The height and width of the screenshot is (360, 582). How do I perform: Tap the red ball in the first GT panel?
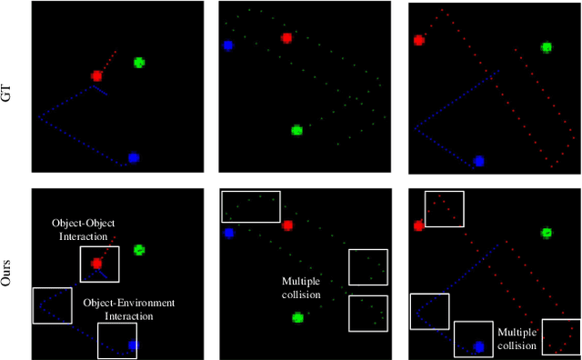click(x=96, y=76)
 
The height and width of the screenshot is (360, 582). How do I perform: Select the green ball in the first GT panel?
click(x=139, y=63)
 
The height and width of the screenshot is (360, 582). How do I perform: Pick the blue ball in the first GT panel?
click(x=133, y=157)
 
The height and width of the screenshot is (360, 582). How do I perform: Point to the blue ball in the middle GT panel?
click(x=227, y=45)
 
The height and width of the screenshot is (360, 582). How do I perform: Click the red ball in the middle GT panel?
click(x=286, y=38)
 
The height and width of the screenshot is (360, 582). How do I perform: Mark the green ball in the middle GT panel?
click(x=296, y=130)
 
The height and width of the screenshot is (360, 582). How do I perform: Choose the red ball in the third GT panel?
click(x=419, y=40)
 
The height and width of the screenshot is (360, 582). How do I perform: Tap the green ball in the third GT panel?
click(x=547, y=47)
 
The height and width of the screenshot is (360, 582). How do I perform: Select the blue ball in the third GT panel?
click(x=478, y=161)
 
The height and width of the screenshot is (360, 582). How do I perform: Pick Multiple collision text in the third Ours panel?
click(x=518, y=339)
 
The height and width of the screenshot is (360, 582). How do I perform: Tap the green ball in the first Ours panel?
click(x=139, y=249)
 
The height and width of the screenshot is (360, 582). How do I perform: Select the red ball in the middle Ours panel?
click(x=287, y=225)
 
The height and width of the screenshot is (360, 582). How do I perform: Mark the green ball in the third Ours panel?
click(x=547, y=233)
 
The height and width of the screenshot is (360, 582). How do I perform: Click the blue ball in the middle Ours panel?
click(x=228, y=233)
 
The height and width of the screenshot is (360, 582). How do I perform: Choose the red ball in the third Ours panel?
click(x=418, y=225)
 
